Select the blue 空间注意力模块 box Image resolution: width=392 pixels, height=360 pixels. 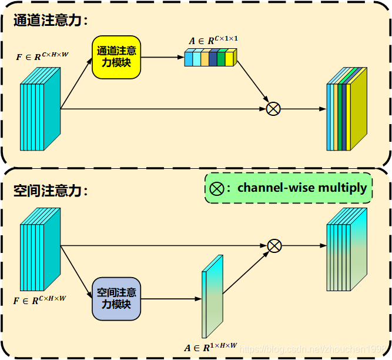click(116, 298)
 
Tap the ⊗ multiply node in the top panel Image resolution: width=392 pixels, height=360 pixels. click(273, 108)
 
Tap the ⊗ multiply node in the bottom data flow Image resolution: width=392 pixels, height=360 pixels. click(274, 245)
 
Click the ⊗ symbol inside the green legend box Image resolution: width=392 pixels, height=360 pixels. click(217, 188)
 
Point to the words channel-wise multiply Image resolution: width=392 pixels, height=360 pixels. click(302, 188)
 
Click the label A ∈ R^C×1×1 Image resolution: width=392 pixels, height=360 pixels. click(213, 41)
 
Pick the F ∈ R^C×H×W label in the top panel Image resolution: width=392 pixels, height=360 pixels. click(42, 56)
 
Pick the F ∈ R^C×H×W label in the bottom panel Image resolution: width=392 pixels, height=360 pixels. click(40, 300)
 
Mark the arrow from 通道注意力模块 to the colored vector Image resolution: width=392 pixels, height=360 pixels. click(162, 57)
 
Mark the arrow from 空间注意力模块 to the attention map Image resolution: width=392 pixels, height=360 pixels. click(170, 299)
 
